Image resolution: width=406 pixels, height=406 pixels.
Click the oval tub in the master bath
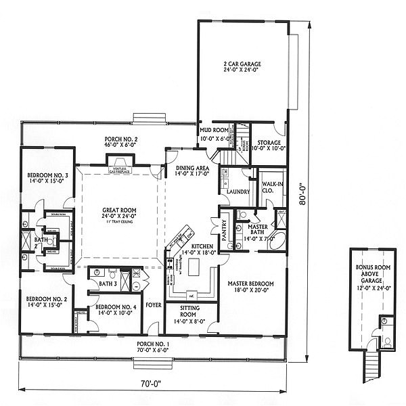(277, 242)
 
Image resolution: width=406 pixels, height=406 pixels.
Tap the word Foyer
(154, 305)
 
